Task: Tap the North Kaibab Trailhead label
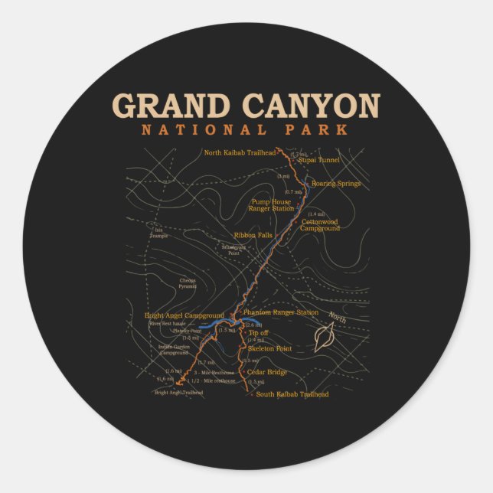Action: (239, 152)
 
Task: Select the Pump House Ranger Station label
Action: (273, 204)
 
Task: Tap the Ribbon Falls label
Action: (253, 235)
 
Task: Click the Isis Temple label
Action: (160, 232)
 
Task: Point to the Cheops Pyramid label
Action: (188, 283)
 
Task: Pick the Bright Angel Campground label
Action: (184, 315)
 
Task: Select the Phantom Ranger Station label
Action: (280, 312)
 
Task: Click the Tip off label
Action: (259, 333)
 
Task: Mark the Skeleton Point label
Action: (269, 348)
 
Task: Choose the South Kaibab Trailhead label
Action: (292, 394)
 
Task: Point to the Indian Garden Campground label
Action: (174, 350)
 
